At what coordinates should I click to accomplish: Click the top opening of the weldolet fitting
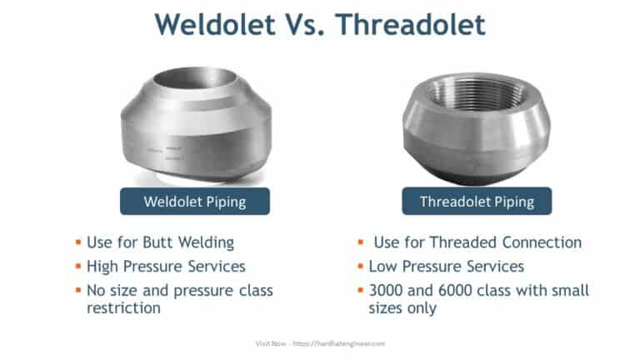click(194, 82)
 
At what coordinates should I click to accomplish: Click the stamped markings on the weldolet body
click(163, 150)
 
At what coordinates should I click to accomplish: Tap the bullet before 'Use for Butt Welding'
click(77, 243)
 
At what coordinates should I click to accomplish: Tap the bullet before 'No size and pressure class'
click(77, 291)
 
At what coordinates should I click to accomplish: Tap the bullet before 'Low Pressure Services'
click(359, 267)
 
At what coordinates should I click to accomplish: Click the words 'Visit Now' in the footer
click(269, 342)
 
